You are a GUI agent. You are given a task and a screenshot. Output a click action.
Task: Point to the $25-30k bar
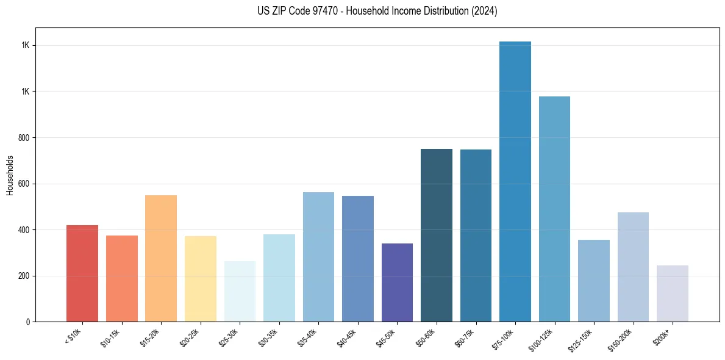click(240, 291)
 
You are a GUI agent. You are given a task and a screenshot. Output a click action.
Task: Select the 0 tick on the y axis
click(27, 322)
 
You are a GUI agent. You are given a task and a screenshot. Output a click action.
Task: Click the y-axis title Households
click(10, 175)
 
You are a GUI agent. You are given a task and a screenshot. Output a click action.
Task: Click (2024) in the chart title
click(484, 11)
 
